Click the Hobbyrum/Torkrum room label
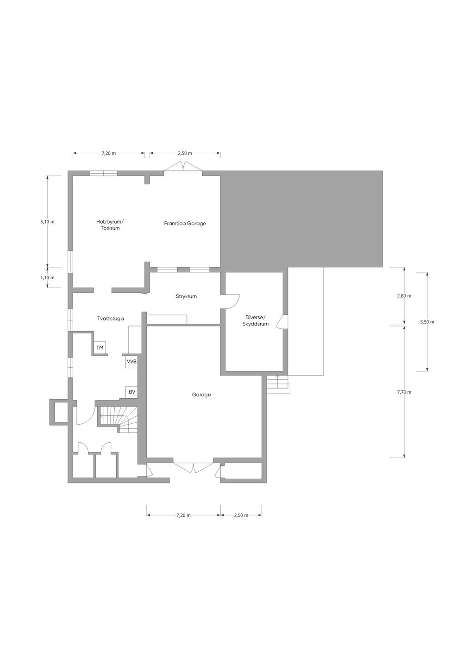pos(110,225)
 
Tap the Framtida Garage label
pos(185,223)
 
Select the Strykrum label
pos(186,296)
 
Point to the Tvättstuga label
pos(111,319)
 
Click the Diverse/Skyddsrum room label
pos(256,320)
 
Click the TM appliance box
pos(100,348)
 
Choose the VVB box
pos(132,362)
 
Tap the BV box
pos(132,392)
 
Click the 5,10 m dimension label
pos(48,222)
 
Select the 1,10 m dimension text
pos(48,278)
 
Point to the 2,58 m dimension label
pos(185,153)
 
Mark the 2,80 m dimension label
pos(404,296)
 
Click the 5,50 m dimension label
pos(427,322)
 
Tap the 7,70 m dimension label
pos(404,392)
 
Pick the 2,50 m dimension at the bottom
pos(241,515)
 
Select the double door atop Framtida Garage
pos(184,167)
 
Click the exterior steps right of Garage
pos(278,384)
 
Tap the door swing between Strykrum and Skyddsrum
pos(231,301)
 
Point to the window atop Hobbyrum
pos(103,174)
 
